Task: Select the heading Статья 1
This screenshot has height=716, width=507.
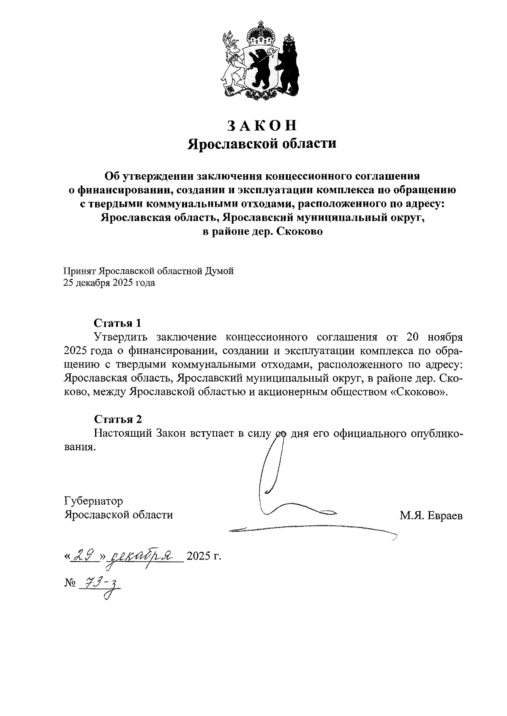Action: pyautogui.click(x=117, y=323)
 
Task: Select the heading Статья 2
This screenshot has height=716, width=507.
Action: pyautogui.click(x=118, y=419)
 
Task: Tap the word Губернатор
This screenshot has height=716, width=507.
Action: pyautogui.click(x=93, y=501)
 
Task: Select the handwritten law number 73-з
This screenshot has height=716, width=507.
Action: pyautogui.click(x=100, y=584)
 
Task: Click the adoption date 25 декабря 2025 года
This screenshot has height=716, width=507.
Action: pyautogui.click(x=109, y=283)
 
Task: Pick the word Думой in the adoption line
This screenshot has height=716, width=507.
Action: pyautogui.click(x=219, y=271)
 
